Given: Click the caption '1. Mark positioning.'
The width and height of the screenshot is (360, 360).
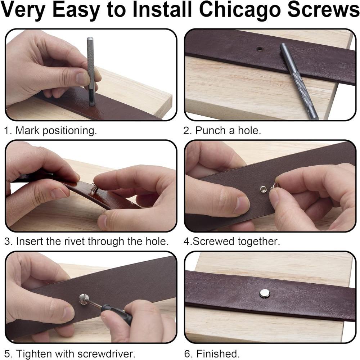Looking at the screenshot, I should (x=50, y=130).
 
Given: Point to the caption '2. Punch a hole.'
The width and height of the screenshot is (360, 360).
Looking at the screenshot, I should (x=222, y=130).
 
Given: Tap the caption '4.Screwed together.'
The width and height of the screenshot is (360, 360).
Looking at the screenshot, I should (x=231, y=241).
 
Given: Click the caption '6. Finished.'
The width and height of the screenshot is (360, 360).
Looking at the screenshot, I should (x=212, y=353).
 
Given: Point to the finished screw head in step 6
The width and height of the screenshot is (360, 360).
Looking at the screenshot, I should (x=265, y=293).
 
